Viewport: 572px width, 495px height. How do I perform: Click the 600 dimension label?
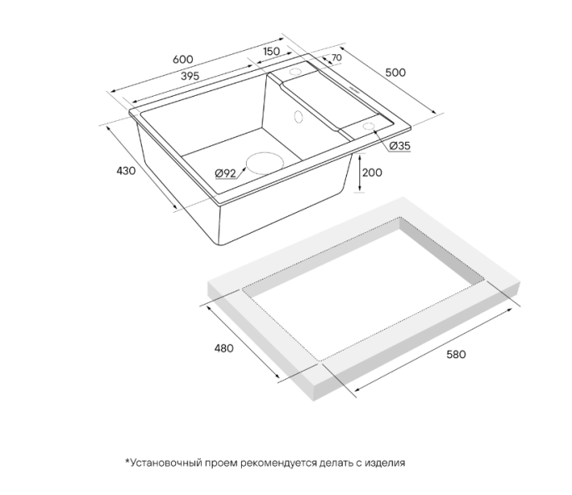point(183,59)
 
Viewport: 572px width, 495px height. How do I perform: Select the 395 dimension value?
point(190,76)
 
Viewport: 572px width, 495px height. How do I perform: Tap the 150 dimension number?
point(271,52)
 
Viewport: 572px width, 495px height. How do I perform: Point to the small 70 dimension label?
point(336,58)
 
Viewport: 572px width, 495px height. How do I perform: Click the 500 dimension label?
point(395,73)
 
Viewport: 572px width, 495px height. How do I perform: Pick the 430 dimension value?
point(126,170)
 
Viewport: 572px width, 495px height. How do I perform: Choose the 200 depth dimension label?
point(373,173)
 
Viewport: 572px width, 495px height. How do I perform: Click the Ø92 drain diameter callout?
point(225,173)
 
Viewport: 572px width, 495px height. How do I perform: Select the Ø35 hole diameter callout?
point(400,146)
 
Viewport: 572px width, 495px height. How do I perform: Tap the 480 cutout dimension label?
point(223,348)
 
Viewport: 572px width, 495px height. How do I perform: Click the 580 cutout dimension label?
point(456,355)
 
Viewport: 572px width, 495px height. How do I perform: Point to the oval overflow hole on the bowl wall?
point(299,117)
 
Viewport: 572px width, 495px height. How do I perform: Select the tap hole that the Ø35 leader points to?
point(369,126)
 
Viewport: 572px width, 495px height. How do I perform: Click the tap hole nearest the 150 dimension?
point(295,71)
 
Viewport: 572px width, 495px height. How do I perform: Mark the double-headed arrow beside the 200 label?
point(359,173)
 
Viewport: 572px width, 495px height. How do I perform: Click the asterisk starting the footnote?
point(128,461)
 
